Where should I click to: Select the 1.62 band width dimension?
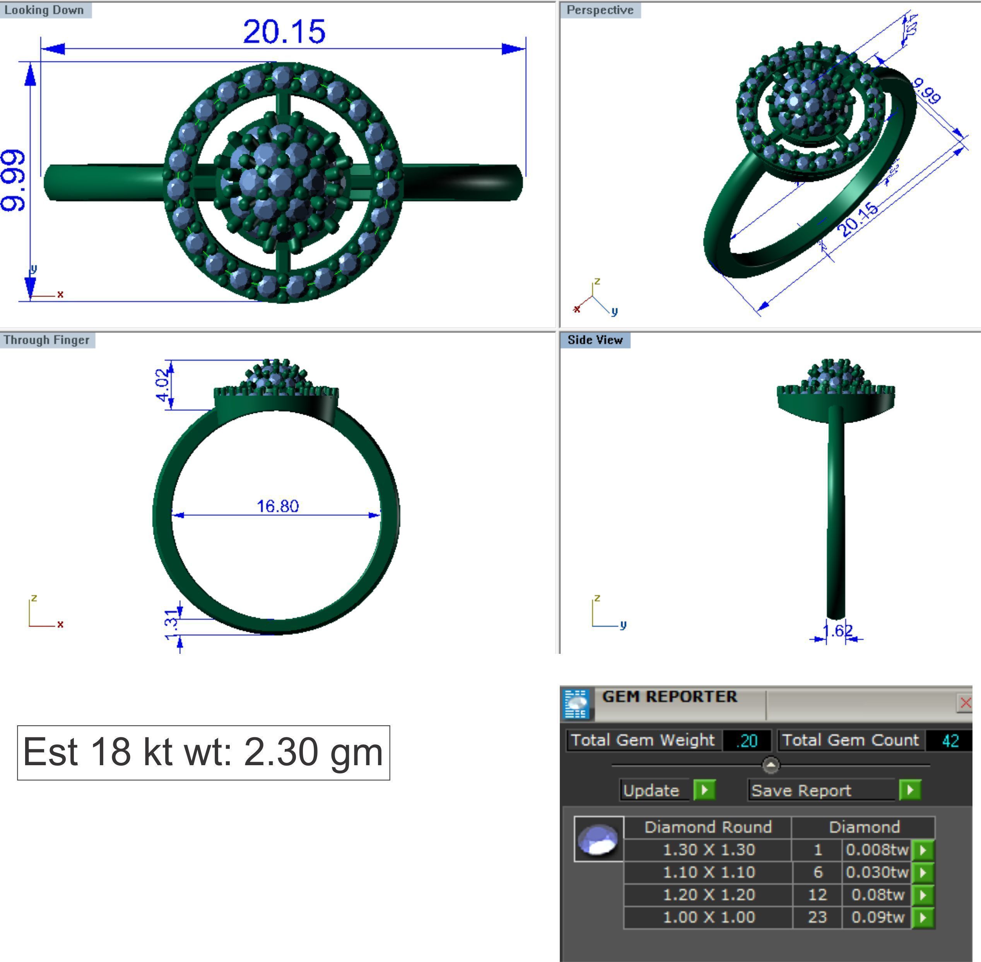pyautogui.click(x=837, y=631)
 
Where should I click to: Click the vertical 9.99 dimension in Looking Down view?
pyautogui.click(x=13, y=180)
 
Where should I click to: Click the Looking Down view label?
pyautogui.click(x=44, y=10)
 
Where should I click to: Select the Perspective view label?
pyautogui.click(x=600, y=10)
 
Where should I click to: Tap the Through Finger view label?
pyautogui.click(x=46, y=340)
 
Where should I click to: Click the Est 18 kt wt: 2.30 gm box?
pyautogui.click(x=203, y=752)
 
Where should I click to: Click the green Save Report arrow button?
pyautogui.click(x=910, y=790)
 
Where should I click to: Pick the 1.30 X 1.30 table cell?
pyautogui.click(x=708, y=850)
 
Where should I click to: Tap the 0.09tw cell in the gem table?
pyautogui.click(x=877, y=917)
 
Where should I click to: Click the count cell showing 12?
pyautogui.click(x=817, y=895)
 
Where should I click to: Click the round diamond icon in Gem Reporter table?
pyautogui.click(x=598, y=839)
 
